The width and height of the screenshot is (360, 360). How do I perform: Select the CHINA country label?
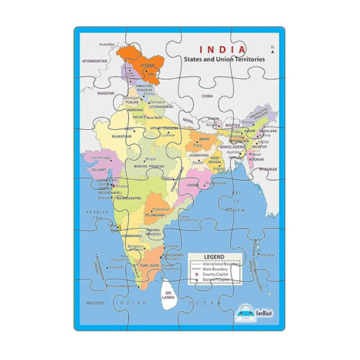(x=206, y=95)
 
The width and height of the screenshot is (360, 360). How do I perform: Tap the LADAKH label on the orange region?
(x=142, y=65)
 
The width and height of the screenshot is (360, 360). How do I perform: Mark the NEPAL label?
(x=189, y=122)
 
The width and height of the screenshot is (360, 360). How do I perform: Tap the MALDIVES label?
(x=95, y=302)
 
